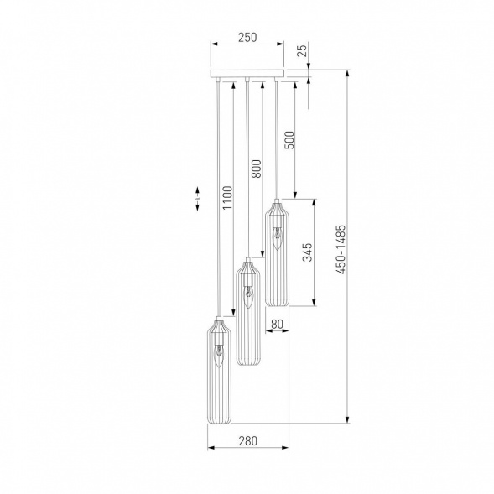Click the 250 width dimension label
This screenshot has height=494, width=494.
pyautogui.click(x=247, y=37)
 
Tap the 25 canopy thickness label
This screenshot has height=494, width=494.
pyautogui.click(x=302, y=51)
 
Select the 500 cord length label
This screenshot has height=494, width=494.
pyautogui.click(x=289, y=140)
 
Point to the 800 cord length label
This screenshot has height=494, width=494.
pyautogui.click(x=257, y=169)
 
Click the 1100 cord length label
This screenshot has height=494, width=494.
pyautogui.click(x=226, y=198)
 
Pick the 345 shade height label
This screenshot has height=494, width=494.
pyautogui.click(x=307, y=252)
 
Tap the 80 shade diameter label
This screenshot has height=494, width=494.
pyautogui.click(x=277, y=324)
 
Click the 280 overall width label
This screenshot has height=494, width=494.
pyautogui.click(x=248, y=441)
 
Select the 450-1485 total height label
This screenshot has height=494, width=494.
pyautogui.click(x=341, y=249)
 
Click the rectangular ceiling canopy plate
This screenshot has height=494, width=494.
pyautogui.click(x=247, y=73)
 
